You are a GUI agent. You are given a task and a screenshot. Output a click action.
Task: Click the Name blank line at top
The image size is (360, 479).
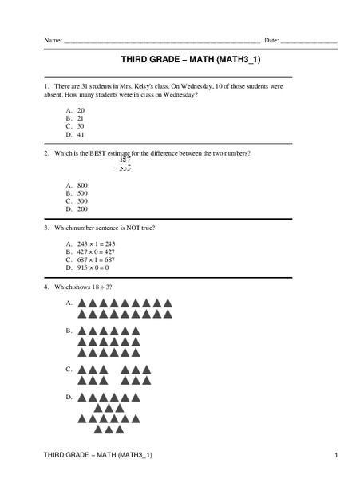click(x=160, y=41)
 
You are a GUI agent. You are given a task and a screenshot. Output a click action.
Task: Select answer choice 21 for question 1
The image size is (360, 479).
click(x=81, y=117)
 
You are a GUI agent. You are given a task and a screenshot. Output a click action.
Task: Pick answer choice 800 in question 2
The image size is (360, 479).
click(x=82, y=185)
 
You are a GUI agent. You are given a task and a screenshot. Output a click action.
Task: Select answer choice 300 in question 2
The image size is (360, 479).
click(x=82, y=201)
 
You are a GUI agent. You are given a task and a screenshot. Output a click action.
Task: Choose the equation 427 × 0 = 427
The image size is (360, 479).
click(x=96, y=251)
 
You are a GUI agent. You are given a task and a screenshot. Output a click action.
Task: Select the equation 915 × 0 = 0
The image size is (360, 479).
click(x=94, y=267)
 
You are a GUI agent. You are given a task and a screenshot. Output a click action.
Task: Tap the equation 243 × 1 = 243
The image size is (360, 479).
click(x=96, y=243)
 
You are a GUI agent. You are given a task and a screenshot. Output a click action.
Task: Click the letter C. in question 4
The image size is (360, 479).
click(x=69, y=369)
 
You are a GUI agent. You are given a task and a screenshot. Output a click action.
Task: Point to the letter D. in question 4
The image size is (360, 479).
click(x=69, y=397)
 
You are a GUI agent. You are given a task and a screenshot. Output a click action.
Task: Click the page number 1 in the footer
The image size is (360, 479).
click(x=337, y=455)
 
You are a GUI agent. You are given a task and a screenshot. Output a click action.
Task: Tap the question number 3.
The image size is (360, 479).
click(x=46, y=228)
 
